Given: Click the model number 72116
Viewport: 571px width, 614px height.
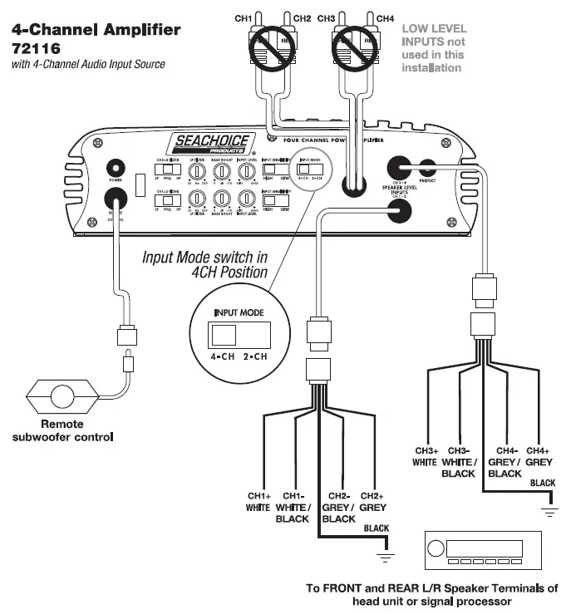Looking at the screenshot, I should pos(34,48).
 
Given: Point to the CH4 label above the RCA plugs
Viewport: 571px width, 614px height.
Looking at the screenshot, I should pos(385,17).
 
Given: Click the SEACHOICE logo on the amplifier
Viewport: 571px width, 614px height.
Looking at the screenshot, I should pos(210,142).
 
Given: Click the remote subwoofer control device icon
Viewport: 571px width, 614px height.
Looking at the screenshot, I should pos(62,394).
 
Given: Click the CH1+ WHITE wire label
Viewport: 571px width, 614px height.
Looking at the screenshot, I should pos(258,501).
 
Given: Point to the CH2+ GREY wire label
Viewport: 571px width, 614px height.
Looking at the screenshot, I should pos(373,501).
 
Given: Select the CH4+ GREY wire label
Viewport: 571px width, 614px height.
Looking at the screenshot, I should pos(539,456).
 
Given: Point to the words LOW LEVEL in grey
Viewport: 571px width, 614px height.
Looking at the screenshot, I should pos(434,28).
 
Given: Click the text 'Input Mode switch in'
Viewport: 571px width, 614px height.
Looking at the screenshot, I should pos(204,258).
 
